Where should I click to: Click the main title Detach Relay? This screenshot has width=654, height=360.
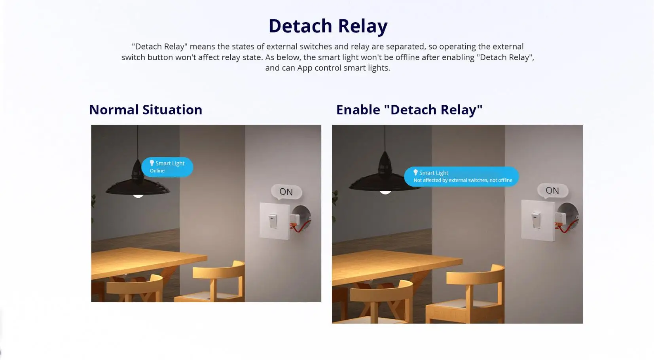(x=328, y=26)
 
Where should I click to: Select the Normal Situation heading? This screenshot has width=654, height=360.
(x=146, y=110)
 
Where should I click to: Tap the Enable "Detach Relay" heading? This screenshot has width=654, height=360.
(x=409, y=110)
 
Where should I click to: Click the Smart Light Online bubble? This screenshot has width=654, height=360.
(x=167, y=167)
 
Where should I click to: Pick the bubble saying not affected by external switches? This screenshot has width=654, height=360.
(x=462, y=177)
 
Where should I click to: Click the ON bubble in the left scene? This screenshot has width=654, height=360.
(x=286, y=192)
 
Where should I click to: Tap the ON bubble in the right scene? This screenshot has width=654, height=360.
(x=552, y=191)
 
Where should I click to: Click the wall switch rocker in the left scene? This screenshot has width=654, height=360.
(x=273, y=221)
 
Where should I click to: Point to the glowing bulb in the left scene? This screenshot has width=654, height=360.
(x=138, y=195)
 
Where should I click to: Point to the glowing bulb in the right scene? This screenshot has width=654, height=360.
(x=385, y=192)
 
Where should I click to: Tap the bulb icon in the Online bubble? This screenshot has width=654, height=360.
(x=152, y=163)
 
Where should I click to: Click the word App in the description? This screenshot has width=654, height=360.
(x=305, y=68)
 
